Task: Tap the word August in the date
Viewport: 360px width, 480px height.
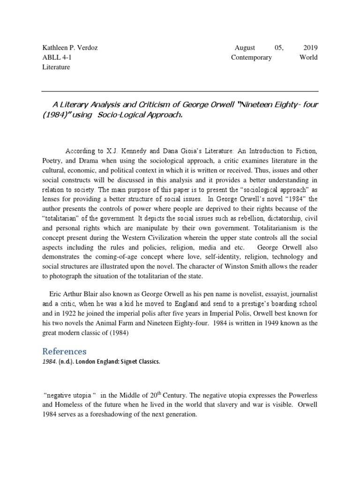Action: point(244,48)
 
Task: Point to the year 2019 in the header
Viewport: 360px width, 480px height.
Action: point(310,48)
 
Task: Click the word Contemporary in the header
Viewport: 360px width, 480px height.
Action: point(251,58)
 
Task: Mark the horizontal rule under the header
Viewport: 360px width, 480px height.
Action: point(180,91)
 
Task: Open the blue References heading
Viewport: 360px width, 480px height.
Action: point(64,351)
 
